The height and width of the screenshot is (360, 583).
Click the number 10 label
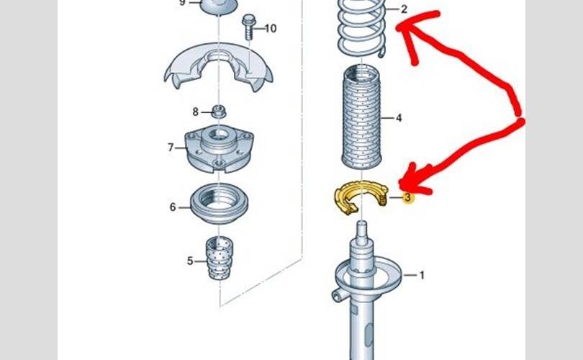coord(271,28)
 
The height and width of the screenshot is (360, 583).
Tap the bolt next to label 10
coord(249,27)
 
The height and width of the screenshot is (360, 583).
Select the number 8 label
coord(196,112)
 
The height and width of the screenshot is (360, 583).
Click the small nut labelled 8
coord(219,111)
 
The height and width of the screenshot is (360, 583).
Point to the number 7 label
coord(171,148)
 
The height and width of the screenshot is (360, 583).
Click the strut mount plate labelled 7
coord(220,149)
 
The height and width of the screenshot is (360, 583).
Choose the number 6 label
coord(173,207)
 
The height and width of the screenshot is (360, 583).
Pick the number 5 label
coord(190,261)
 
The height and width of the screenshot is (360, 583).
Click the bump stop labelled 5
coord(220,258)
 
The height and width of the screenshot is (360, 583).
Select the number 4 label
coord(399,118)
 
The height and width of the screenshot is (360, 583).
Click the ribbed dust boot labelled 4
coord(361,117)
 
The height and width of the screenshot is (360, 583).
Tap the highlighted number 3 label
coord(408,197)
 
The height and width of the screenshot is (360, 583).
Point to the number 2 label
coord(405,9)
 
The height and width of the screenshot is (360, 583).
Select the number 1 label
coord(422,275)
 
